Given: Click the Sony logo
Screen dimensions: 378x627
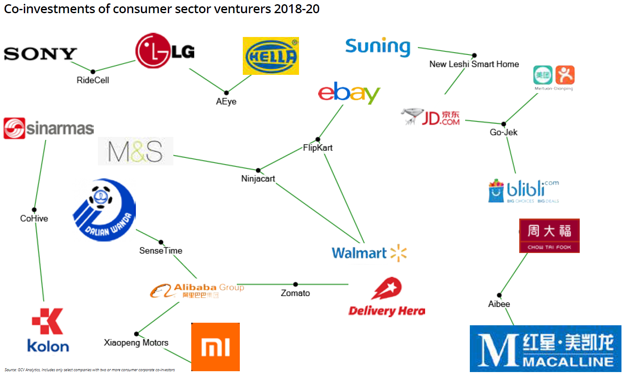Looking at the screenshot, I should [x=40, y=54].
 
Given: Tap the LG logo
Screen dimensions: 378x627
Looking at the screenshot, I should [x=165, y=51].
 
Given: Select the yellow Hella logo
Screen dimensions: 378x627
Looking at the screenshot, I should [x=270, y=56].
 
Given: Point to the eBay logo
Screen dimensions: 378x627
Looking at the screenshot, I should [x=349, y=92].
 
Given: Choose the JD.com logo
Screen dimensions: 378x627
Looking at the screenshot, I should [x=431, y=117].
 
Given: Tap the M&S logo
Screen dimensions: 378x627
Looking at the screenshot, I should [x=135, y=151].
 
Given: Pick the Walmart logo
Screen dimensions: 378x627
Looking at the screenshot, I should [x=369, y=253].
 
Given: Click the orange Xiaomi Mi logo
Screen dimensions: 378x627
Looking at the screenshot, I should [x=216, y=347].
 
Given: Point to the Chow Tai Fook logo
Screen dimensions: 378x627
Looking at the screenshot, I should [x=549, y=236].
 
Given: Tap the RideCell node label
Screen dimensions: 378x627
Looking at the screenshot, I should [x=93, y=80].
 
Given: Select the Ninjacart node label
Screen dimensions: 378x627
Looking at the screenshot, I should [x=258, y=179].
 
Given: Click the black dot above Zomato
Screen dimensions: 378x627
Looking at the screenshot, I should [x=296, y=284].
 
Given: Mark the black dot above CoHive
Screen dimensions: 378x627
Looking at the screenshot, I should [x=34, y=210].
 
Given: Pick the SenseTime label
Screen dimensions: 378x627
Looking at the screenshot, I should [x=161, y=251].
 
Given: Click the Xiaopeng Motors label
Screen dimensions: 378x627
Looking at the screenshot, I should [x=136, y=343].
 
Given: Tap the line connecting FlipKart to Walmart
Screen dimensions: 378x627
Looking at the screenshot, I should [x=344, y=198].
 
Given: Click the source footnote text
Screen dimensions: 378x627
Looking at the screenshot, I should [x=89, y=370].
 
